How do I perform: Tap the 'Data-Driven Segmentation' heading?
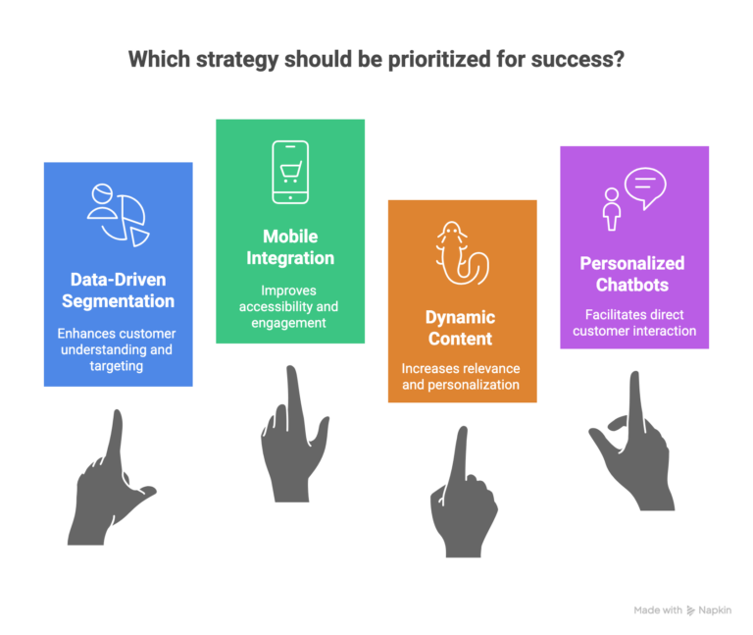pos(119,290)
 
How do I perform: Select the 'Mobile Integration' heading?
pos(290,247)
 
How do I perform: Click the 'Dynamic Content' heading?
pos(461,328)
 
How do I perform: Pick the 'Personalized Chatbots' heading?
pos(632,274)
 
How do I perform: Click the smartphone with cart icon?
pos(290,173)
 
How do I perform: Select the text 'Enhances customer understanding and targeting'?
pos(119,349)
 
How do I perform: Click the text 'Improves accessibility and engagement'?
pos(290,306)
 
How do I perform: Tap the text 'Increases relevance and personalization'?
pos(461,376)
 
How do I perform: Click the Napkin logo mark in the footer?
pos(691,610)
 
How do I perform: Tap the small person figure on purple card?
pos(612,208)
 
